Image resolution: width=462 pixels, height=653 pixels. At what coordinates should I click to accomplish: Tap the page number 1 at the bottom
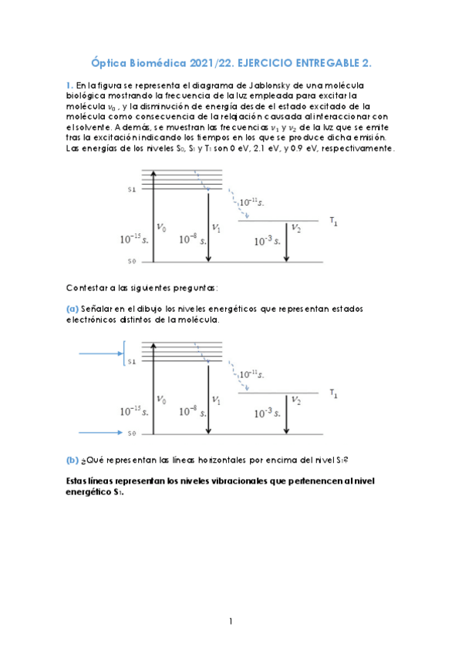click(231, 621)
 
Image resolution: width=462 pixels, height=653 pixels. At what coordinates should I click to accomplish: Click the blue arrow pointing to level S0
click(99, 433)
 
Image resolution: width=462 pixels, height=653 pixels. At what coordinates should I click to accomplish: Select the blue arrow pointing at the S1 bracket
click(99, 353)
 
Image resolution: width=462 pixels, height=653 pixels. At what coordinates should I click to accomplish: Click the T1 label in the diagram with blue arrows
click(333, 393)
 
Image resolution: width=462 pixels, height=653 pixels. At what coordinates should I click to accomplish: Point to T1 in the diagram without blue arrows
click(333, 221)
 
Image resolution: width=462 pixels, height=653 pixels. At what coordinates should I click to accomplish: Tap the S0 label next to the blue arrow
click(132, 434)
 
